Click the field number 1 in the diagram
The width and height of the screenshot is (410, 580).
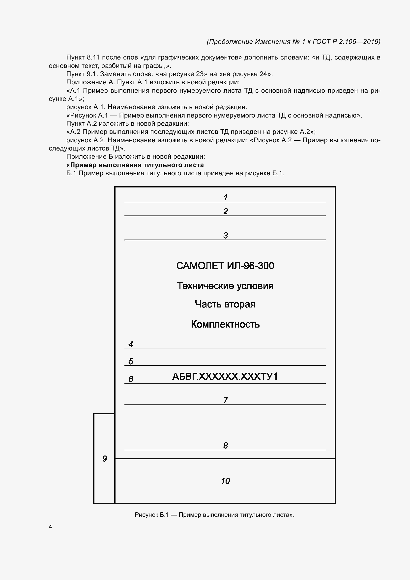[225, 197]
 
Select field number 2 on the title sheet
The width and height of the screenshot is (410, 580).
[225, 211]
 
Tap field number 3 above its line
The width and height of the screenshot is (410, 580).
[225, 235]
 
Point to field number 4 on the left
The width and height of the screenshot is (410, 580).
[131, 344]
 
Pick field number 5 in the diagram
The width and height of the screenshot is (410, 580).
[131, 361]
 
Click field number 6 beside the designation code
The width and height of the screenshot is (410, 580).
[131, 379]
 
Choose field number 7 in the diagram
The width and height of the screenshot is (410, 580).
[225, 400]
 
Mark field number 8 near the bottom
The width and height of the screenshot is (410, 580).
[225, 445]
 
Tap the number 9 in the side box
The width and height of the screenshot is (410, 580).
[104, 458]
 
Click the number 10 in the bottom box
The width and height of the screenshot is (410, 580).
[225, 481]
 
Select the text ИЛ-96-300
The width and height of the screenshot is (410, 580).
[250, 266]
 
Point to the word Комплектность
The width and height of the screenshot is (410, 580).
[225, 324]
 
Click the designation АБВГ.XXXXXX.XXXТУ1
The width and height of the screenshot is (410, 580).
[225, 376]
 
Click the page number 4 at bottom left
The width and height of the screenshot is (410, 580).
[50, 527]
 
